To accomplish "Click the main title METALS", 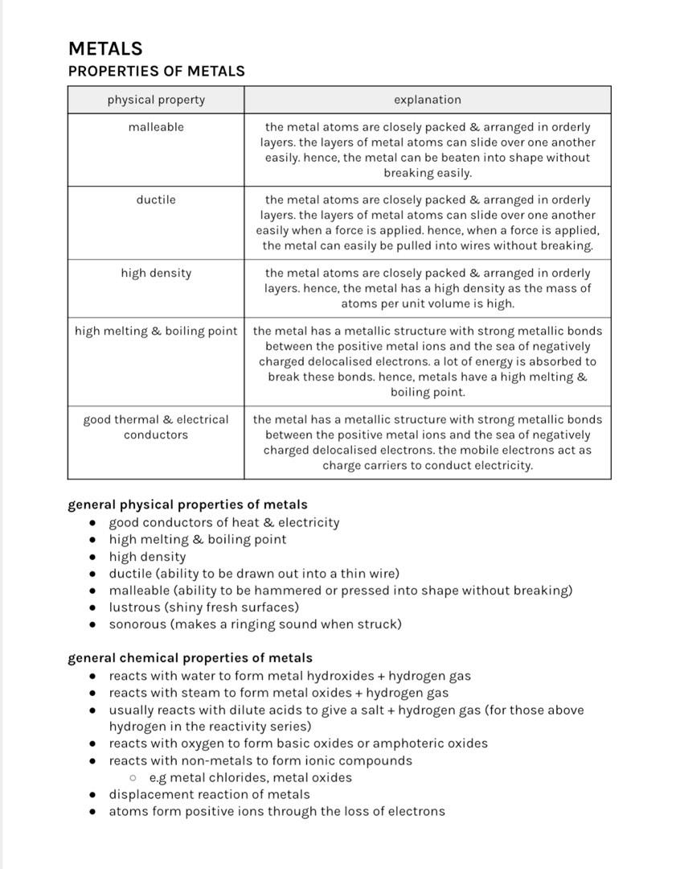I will tap(105, 48).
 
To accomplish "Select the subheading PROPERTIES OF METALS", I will tap(156, 71).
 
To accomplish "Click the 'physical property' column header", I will tap(156, 100).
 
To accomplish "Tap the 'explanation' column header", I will tap(427, 100).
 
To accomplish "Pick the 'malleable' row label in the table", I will tap(156, 127).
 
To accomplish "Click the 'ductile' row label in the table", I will tap(156, 200).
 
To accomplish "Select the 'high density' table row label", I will tap(156, 273).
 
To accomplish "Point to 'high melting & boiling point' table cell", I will tap(156, 331).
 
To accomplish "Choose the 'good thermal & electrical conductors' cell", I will tap(156, 426).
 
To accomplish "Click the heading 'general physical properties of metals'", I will tap(187, 505).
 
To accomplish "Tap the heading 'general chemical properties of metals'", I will tap(190, 658).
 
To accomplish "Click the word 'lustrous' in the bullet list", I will tap(134, 607).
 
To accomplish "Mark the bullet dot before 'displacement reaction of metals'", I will tap(93, 795).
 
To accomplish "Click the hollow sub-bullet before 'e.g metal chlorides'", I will tap(133, 778).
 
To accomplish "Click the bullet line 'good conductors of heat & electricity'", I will tap(224, 522).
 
